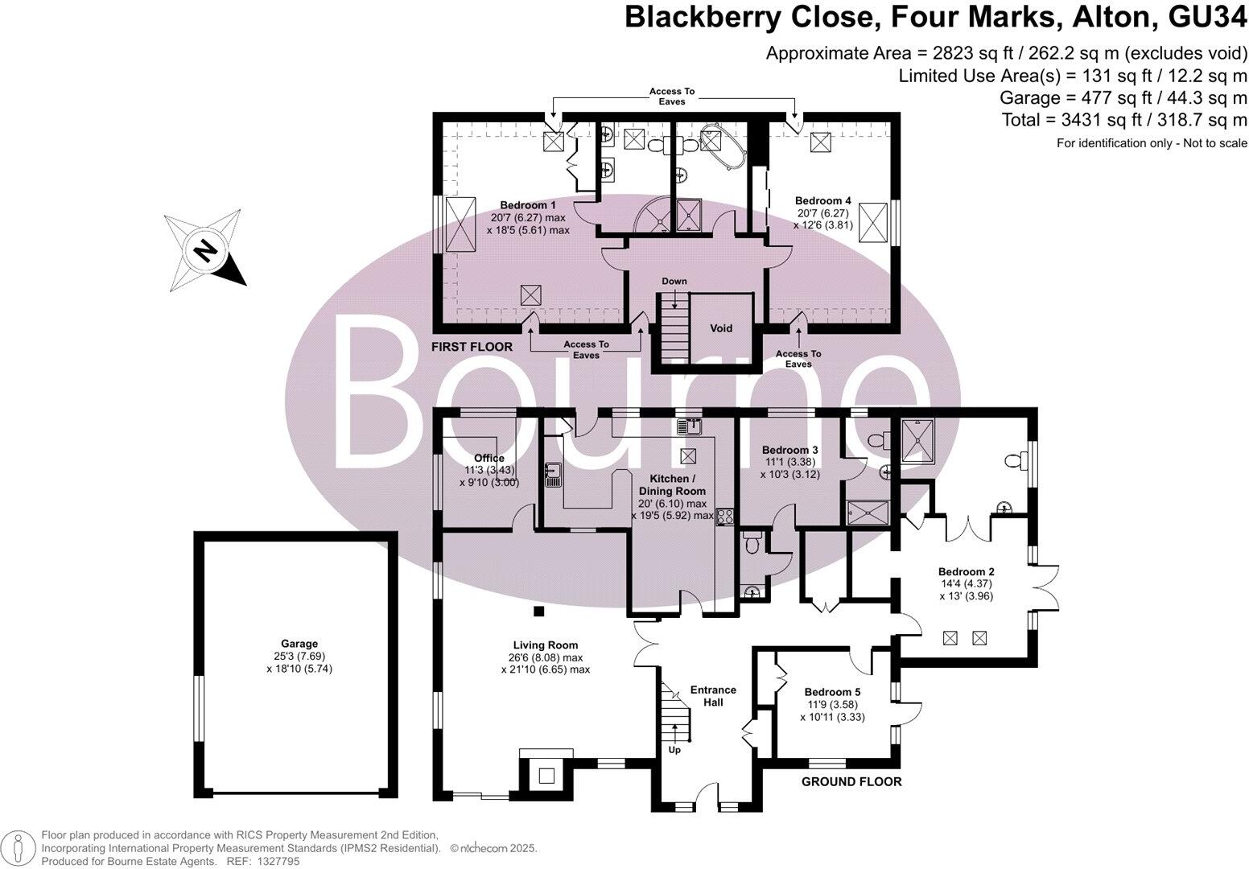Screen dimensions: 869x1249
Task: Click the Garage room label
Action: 299,644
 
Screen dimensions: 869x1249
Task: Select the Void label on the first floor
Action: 721,328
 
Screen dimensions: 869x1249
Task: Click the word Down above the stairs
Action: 674,282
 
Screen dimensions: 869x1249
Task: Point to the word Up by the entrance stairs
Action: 674,750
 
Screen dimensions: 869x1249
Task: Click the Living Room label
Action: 546,645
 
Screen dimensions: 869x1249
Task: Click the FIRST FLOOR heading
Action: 472,347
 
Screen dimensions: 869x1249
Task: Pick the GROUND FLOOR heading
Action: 851,781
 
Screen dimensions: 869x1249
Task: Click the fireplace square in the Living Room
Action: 546,776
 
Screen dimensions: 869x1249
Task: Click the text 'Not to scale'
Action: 1217,143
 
